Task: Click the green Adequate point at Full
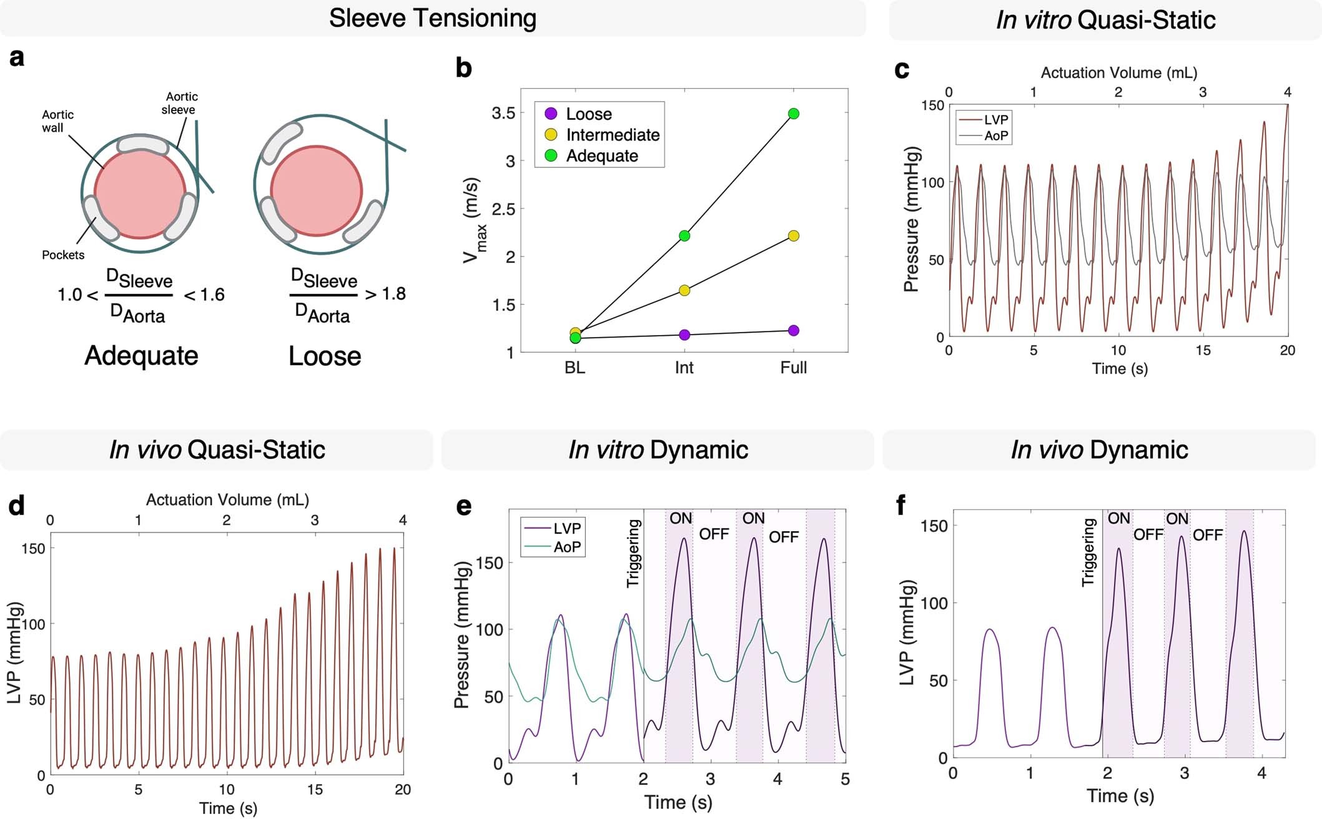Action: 794,114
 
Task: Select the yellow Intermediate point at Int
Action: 684,290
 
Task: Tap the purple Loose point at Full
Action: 794,330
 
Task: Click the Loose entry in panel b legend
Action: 588,114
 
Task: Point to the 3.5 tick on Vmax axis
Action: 503,113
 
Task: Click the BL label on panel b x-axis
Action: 575,368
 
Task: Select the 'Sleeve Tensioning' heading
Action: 432,18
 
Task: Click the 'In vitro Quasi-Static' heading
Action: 1105,20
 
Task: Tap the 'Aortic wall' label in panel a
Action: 57,121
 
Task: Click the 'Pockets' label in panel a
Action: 62,255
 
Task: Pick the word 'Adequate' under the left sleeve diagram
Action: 141,356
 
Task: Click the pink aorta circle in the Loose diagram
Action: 317,190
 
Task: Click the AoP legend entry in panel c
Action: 995,135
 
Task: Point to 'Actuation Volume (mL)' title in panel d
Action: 227,499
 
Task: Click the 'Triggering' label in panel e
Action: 633,553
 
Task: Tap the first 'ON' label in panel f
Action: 1118,519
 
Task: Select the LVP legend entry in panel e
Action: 566,529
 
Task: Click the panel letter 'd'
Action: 16,506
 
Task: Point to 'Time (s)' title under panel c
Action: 1119,368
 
